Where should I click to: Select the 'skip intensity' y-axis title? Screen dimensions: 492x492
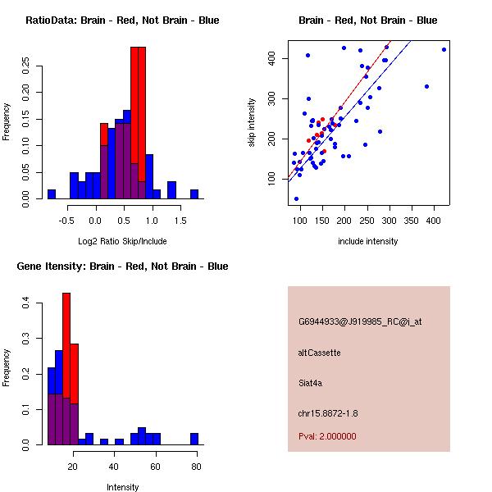tap(253, 122)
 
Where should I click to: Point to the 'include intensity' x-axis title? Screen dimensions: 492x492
tap(367, 241)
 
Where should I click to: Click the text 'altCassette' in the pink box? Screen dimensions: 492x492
tap(319, 353)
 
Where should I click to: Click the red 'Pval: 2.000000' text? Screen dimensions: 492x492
tap(327, 436)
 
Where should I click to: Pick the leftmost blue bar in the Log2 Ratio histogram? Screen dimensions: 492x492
tap(51, 194)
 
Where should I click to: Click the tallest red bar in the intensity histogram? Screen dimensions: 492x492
tap(66, 369)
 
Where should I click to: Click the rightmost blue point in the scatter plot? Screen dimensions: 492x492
tap(444, 49)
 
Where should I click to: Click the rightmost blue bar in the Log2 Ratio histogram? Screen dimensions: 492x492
tap(194, 194)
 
